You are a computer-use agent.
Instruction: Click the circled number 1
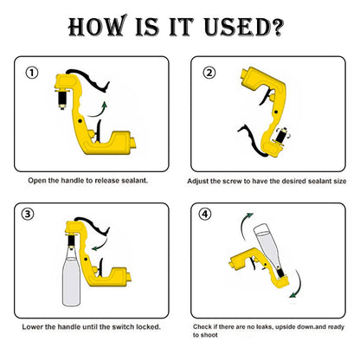[32, 73]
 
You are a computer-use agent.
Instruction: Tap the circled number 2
[209, 73]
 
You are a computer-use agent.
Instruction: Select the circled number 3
[28, 214]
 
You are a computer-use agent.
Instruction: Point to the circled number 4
[205, 214]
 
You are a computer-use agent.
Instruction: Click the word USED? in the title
[244, 27]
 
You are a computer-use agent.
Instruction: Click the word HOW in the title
[98, 26]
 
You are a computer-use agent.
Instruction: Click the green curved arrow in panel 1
[98, 111]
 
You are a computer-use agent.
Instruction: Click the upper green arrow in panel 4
[245, 225]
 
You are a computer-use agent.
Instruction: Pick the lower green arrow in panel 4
[298, 286]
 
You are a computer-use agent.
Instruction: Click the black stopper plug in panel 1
[62, 100]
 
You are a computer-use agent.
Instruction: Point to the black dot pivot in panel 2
[276, 112]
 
